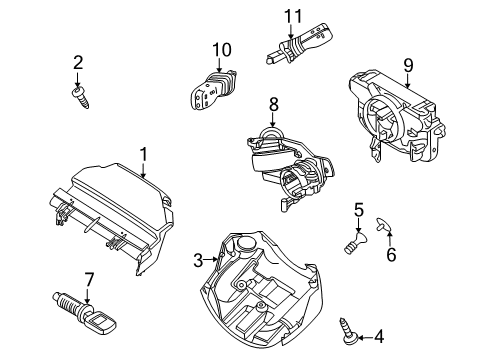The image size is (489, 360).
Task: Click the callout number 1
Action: tap(143, 155)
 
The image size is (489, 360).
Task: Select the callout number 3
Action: tap(198, 261)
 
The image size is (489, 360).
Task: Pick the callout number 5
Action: tap(357, 209)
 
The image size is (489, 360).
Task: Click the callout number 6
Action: tap(391, 255)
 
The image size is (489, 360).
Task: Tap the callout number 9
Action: tap(407, 66)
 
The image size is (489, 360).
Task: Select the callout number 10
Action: tap(221, 50)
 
